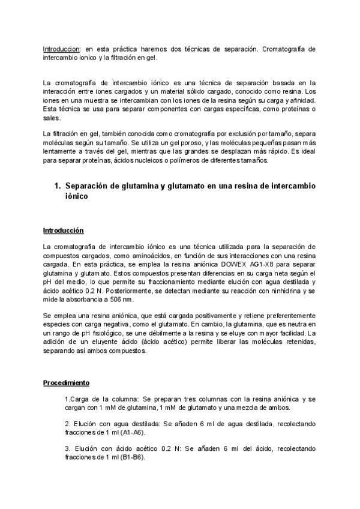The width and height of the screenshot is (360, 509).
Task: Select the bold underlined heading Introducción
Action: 64,230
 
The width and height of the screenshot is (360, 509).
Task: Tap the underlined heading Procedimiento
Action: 67,382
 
